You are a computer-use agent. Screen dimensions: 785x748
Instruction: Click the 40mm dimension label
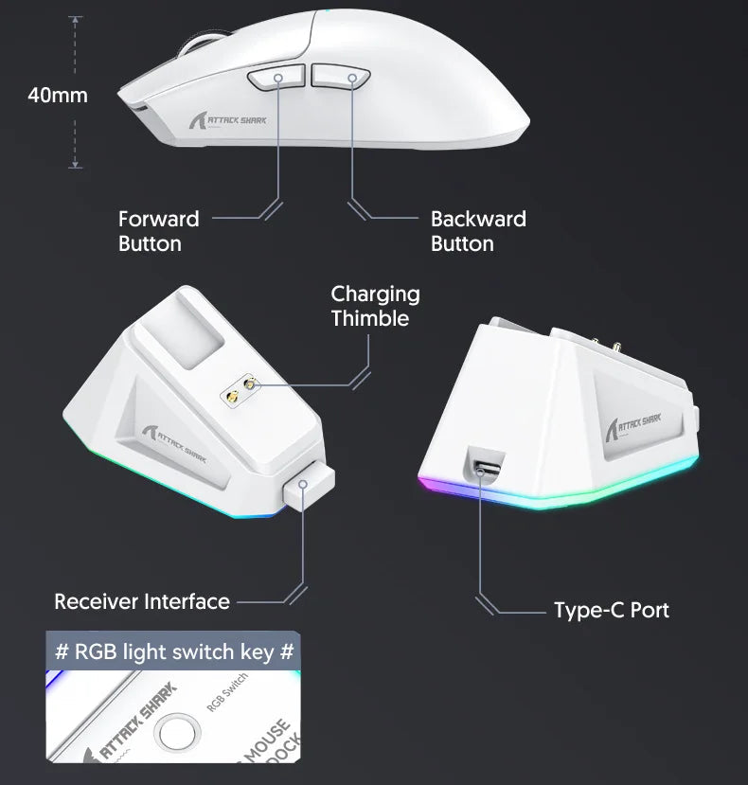[x=58, y=96]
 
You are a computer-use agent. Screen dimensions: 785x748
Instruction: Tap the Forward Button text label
[x=158, y=231]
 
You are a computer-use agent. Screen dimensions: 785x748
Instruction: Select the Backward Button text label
[x=478, y=231]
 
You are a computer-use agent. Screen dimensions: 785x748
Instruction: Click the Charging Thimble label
[x=375, y=306]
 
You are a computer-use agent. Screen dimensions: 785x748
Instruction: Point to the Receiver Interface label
[x=142, y=601]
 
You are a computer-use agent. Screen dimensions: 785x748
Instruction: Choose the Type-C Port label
[x=611, y=610]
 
